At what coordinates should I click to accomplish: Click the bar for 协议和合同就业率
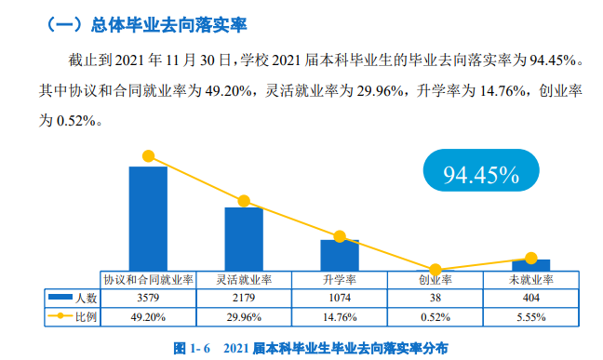tap(148, 218)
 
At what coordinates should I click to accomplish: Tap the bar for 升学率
tap(340, 254)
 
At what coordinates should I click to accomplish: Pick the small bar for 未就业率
tap(531, 264)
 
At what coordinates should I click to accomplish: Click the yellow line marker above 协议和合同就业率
tap(148, 156)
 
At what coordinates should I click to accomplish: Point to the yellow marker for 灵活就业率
tap(244, 201)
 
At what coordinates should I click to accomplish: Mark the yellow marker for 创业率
tap(435, 269)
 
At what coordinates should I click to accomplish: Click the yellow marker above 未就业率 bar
tap(531, 258)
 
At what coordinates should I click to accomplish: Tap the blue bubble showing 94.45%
tap(479, 174)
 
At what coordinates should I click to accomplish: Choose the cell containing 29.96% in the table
tap(244, 316)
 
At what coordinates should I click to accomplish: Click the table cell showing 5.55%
tap(531, 316)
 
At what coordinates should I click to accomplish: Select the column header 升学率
tap(340, 279)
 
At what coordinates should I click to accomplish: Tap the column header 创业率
tap(435, 279)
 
